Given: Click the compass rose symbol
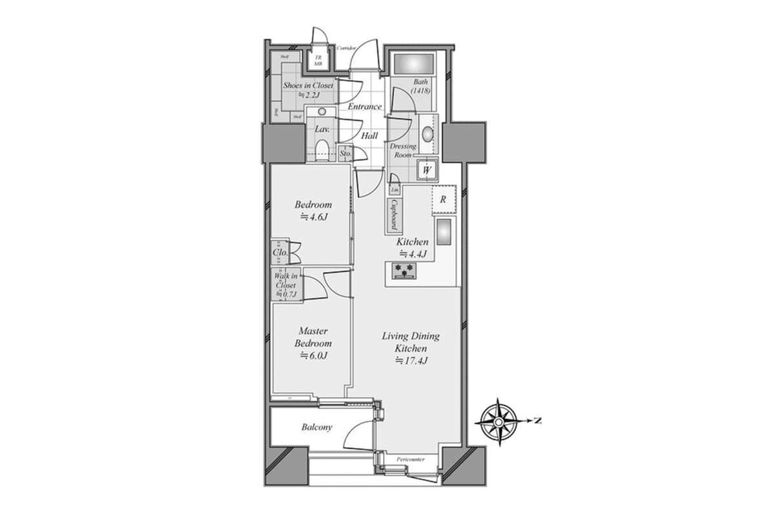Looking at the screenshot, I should [x=499, y=421].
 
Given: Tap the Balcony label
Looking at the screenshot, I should [x=317, y=427].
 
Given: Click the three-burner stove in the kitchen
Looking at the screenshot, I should [x=404, y=270].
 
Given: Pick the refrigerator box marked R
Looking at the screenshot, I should [x=444, y=200].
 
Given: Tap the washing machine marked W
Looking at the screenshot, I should [x=426, y=170].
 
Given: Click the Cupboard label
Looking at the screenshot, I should [x=393, y=215].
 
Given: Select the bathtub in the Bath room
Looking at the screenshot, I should [x=413, y=65].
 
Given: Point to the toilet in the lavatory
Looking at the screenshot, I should [x=322, y=150].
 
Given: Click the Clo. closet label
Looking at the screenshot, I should [x=280, y=253].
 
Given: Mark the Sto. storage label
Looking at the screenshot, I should [x=345, y=154].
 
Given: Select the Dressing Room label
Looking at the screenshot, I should [x=404, y=151].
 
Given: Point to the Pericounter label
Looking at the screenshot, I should [x=410, y=459].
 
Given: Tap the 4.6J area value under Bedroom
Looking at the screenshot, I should [x=313, y=216].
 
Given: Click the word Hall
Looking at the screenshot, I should [x=369, y=136].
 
